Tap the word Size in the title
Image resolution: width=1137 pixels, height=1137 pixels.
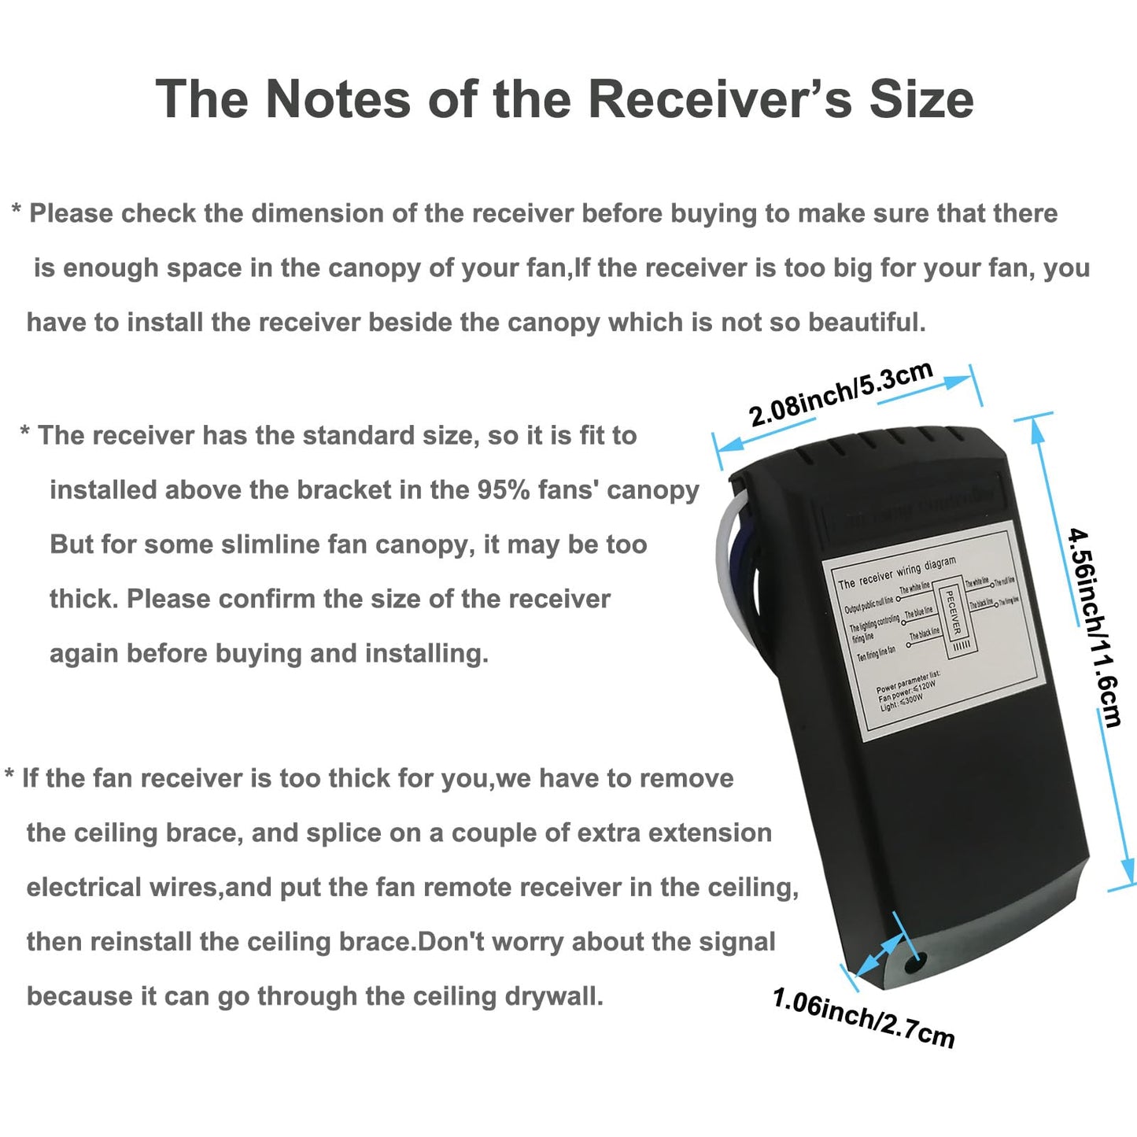point(921,100)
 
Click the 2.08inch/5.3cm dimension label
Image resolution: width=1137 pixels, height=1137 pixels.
point(840,393)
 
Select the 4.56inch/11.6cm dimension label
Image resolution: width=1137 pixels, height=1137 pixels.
point(1095,626)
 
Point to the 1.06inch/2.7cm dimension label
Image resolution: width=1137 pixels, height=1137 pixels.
point(863,1018)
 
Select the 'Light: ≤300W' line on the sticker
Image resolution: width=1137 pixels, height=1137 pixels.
point(902,701)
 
